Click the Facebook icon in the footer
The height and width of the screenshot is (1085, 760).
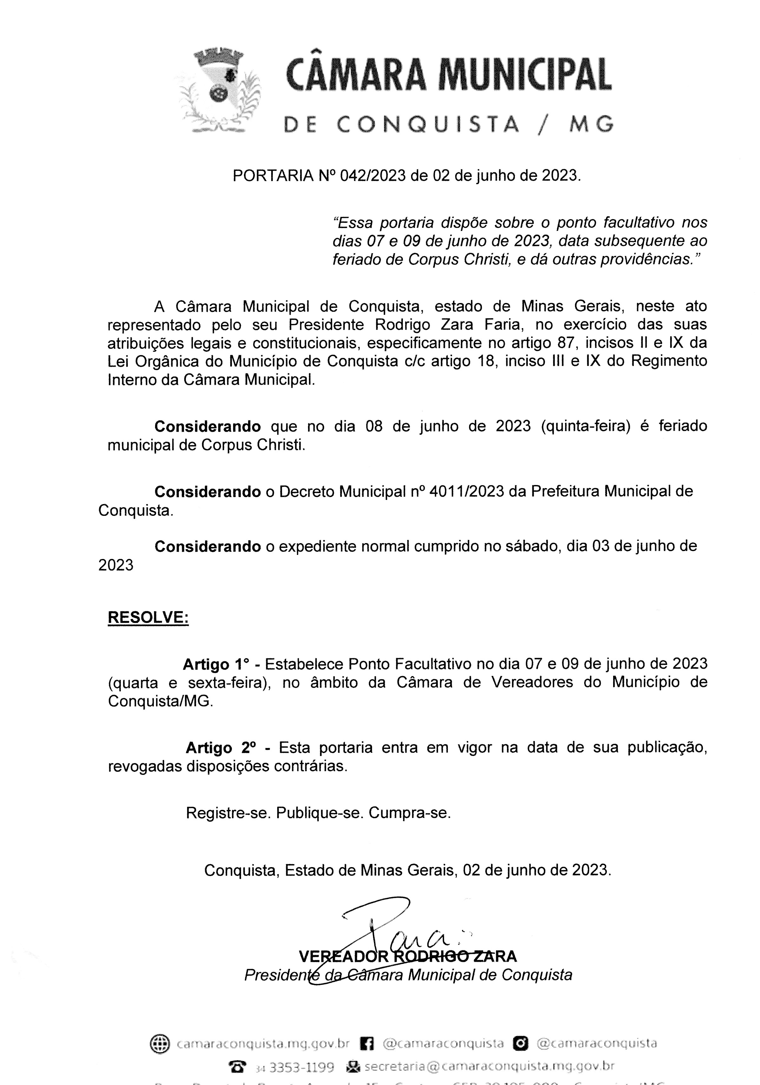[x=367, y=1043]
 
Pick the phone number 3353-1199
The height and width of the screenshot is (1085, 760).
[x=301, y=1067]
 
